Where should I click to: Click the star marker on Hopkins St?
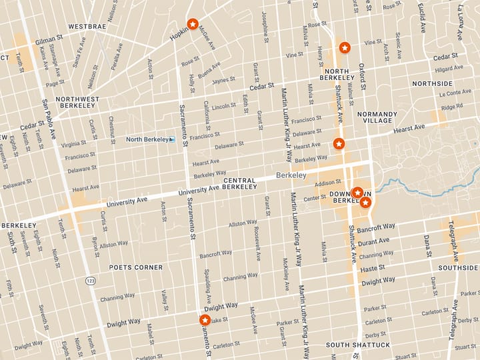tap(192, 25)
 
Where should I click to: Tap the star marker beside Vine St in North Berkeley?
tap(344, 47)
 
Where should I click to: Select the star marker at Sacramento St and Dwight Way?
tap(205, 320)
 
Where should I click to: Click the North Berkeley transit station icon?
tap(171, 139)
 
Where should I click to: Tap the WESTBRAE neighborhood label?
tap(87, 27)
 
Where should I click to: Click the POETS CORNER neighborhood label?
tap(136, 267)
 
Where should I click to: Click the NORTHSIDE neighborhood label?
tap(432, 83)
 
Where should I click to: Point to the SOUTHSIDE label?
tap(458, 267)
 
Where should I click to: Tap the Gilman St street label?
tap(49, 40)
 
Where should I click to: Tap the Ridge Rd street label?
tap(451, 107)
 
